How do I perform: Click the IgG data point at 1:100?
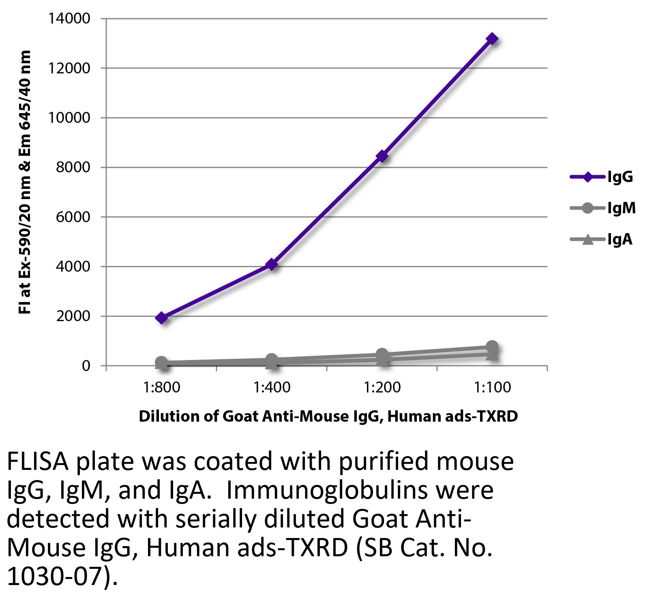click(x=492, y=39)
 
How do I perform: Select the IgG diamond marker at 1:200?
click(x=382, y=156)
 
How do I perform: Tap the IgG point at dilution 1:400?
click(x=272, y=264)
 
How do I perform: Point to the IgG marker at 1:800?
click(x=161, y=317)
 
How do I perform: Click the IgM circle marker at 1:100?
click(x=492, y=347)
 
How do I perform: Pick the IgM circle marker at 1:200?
click(x=382, y=354)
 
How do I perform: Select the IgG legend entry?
click(x=602, y=177)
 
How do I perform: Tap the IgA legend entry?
click(x=602, y=240)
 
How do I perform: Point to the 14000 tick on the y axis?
click(x=69, y=19)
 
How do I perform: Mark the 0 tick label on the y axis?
click(x=86, y=366)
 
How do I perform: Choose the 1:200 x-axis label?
click(x=382, y=388)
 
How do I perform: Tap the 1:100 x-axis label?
click(x=492, y=388)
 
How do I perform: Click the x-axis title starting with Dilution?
click(x=328, y=416)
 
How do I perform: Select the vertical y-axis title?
click(x=25, y=182)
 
